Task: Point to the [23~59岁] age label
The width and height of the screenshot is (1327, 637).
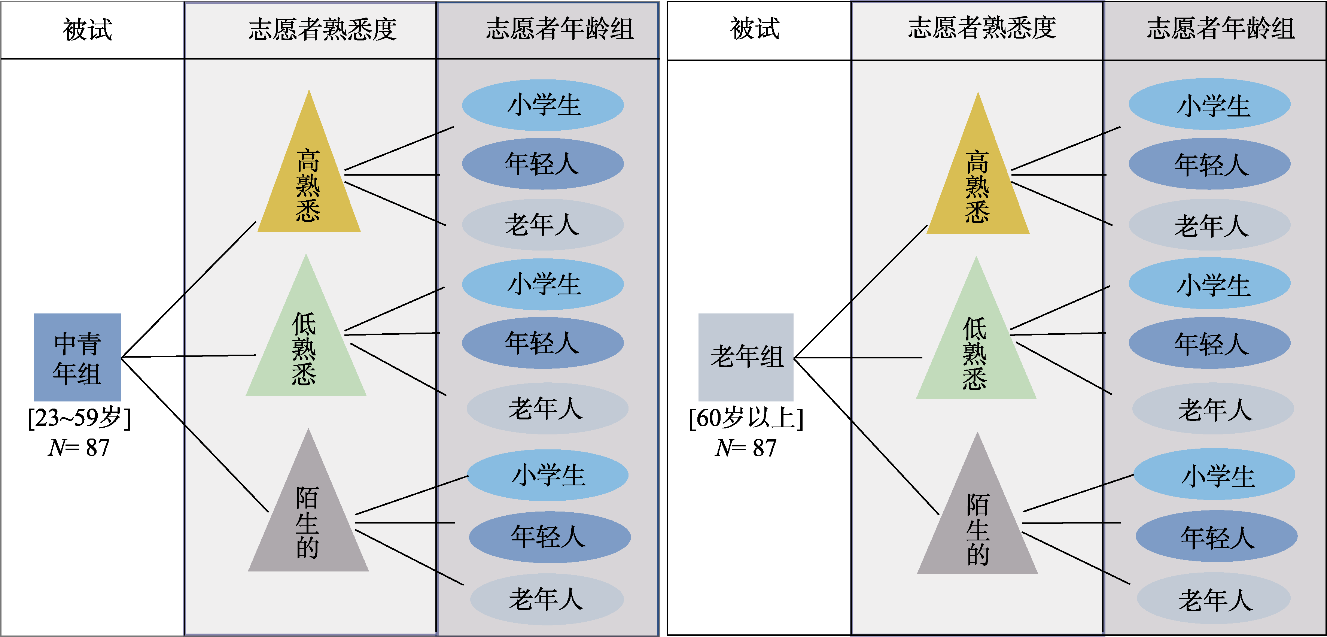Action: [x=79, y=418]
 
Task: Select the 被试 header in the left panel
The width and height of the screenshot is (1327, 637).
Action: [x=88, y=29]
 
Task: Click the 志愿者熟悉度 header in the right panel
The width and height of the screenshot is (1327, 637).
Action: [x=981, y=28]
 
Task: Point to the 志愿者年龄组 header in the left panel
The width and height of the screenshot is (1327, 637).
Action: [x=560, y=29]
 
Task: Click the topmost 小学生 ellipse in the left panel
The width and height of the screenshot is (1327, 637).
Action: [x=543, y=105]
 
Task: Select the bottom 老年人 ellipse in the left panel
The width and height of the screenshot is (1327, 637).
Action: [x=547, y=599]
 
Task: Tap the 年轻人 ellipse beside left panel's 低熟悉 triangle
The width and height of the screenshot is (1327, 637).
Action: [x=542, y=343]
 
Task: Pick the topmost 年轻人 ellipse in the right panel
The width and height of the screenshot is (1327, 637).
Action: [x=1209, y=164]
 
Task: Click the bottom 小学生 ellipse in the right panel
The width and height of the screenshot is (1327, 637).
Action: [x=1214, y=474]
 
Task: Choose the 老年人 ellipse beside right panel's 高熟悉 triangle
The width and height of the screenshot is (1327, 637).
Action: [x=1209, y=225]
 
